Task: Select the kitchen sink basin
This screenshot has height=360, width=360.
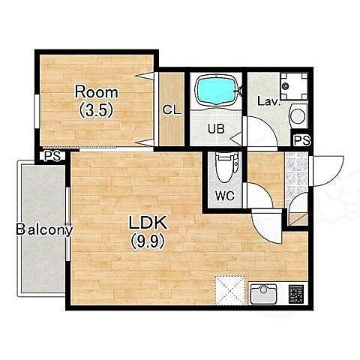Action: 263,294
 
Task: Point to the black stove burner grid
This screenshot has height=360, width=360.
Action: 296,294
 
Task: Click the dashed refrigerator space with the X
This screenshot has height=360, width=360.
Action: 230,290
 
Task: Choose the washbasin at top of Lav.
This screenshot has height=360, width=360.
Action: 294,86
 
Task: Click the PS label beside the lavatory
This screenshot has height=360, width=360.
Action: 302,140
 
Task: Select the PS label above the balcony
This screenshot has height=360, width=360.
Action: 52,157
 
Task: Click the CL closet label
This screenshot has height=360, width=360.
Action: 172,109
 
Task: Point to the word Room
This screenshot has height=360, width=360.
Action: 97,92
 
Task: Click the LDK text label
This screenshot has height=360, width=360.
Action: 148,223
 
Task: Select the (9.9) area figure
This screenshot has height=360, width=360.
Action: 148,241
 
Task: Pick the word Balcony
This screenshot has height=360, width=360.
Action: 44,229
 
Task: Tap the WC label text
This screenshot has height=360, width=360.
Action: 225,196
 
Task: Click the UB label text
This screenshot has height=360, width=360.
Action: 217,129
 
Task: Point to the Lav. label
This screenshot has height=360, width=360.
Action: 268,101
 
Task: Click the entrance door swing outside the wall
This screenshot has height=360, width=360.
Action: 328,171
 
